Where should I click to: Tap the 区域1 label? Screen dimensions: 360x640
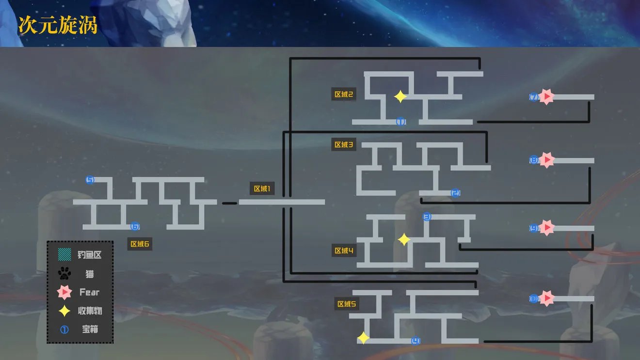point(262,188)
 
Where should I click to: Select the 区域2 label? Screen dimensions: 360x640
point(344,94)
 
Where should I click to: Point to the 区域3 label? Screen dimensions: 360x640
point(344,144)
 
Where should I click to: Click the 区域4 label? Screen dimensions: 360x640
point(344,250)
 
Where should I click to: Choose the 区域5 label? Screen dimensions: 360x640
point(347,304)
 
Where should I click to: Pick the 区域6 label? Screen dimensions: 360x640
point(140,244)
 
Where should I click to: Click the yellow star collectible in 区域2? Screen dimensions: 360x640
point(400,97)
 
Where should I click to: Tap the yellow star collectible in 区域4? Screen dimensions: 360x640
point(404,239)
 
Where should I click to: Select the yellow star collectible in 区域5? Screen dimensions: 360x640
point(363,338)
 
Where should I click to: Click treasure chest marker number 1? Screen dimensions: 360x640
point(401,122)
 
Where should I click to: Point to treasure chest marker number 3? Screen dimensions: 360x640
point(427,217)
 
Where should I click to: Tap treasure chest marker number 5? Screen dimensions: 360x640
point(90,180)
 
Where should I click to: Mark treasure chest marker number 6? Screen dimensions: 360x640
point(135,226)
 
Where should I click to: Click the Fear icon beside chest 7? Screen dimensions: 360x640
point(546,97)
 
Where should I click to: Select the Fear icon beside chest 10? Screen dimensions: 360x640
point(546,298)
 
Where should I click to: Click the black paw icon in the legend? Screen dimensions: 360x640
point(64,274)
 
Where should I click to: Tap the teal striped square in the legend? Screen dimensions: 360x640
point(64,255)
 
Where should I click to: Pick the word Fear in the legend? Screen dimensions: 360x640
point(89,292)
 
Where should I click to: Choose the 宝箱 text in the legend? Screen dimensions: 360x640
point(90,329)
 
